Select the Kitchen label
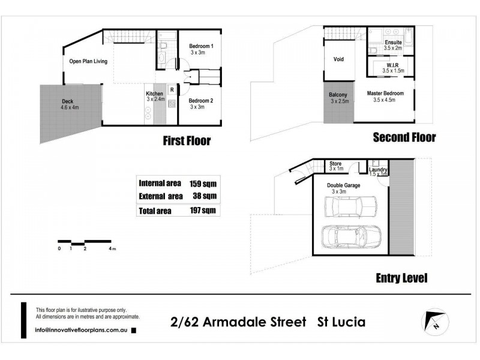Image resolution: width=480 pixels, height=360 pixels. click(155, 94)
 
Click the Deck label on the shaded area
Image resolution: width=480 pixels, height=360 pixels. click(67, 101)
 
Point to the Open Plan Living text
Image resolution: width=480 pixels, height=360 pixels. click(88, 61)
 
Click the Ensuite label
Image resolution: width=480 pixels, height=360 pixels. click(394, 43)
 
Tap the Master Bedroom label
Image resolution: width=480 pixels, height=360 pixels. click(385, 94)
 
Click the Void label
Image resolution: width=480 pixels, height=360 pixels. click(338, 59)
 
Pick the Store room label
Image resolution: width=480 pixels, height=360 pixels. click(336, 163)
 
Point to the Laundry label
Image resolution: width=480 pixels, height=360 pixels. click(379, 170)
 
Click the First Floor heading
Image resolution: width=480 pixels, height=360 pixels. click(187, 142)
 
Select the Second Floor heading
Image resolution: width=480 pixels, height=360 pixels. click(404, 137)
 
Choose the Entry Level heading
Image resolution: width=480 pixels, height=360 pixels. click(401, 278)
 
